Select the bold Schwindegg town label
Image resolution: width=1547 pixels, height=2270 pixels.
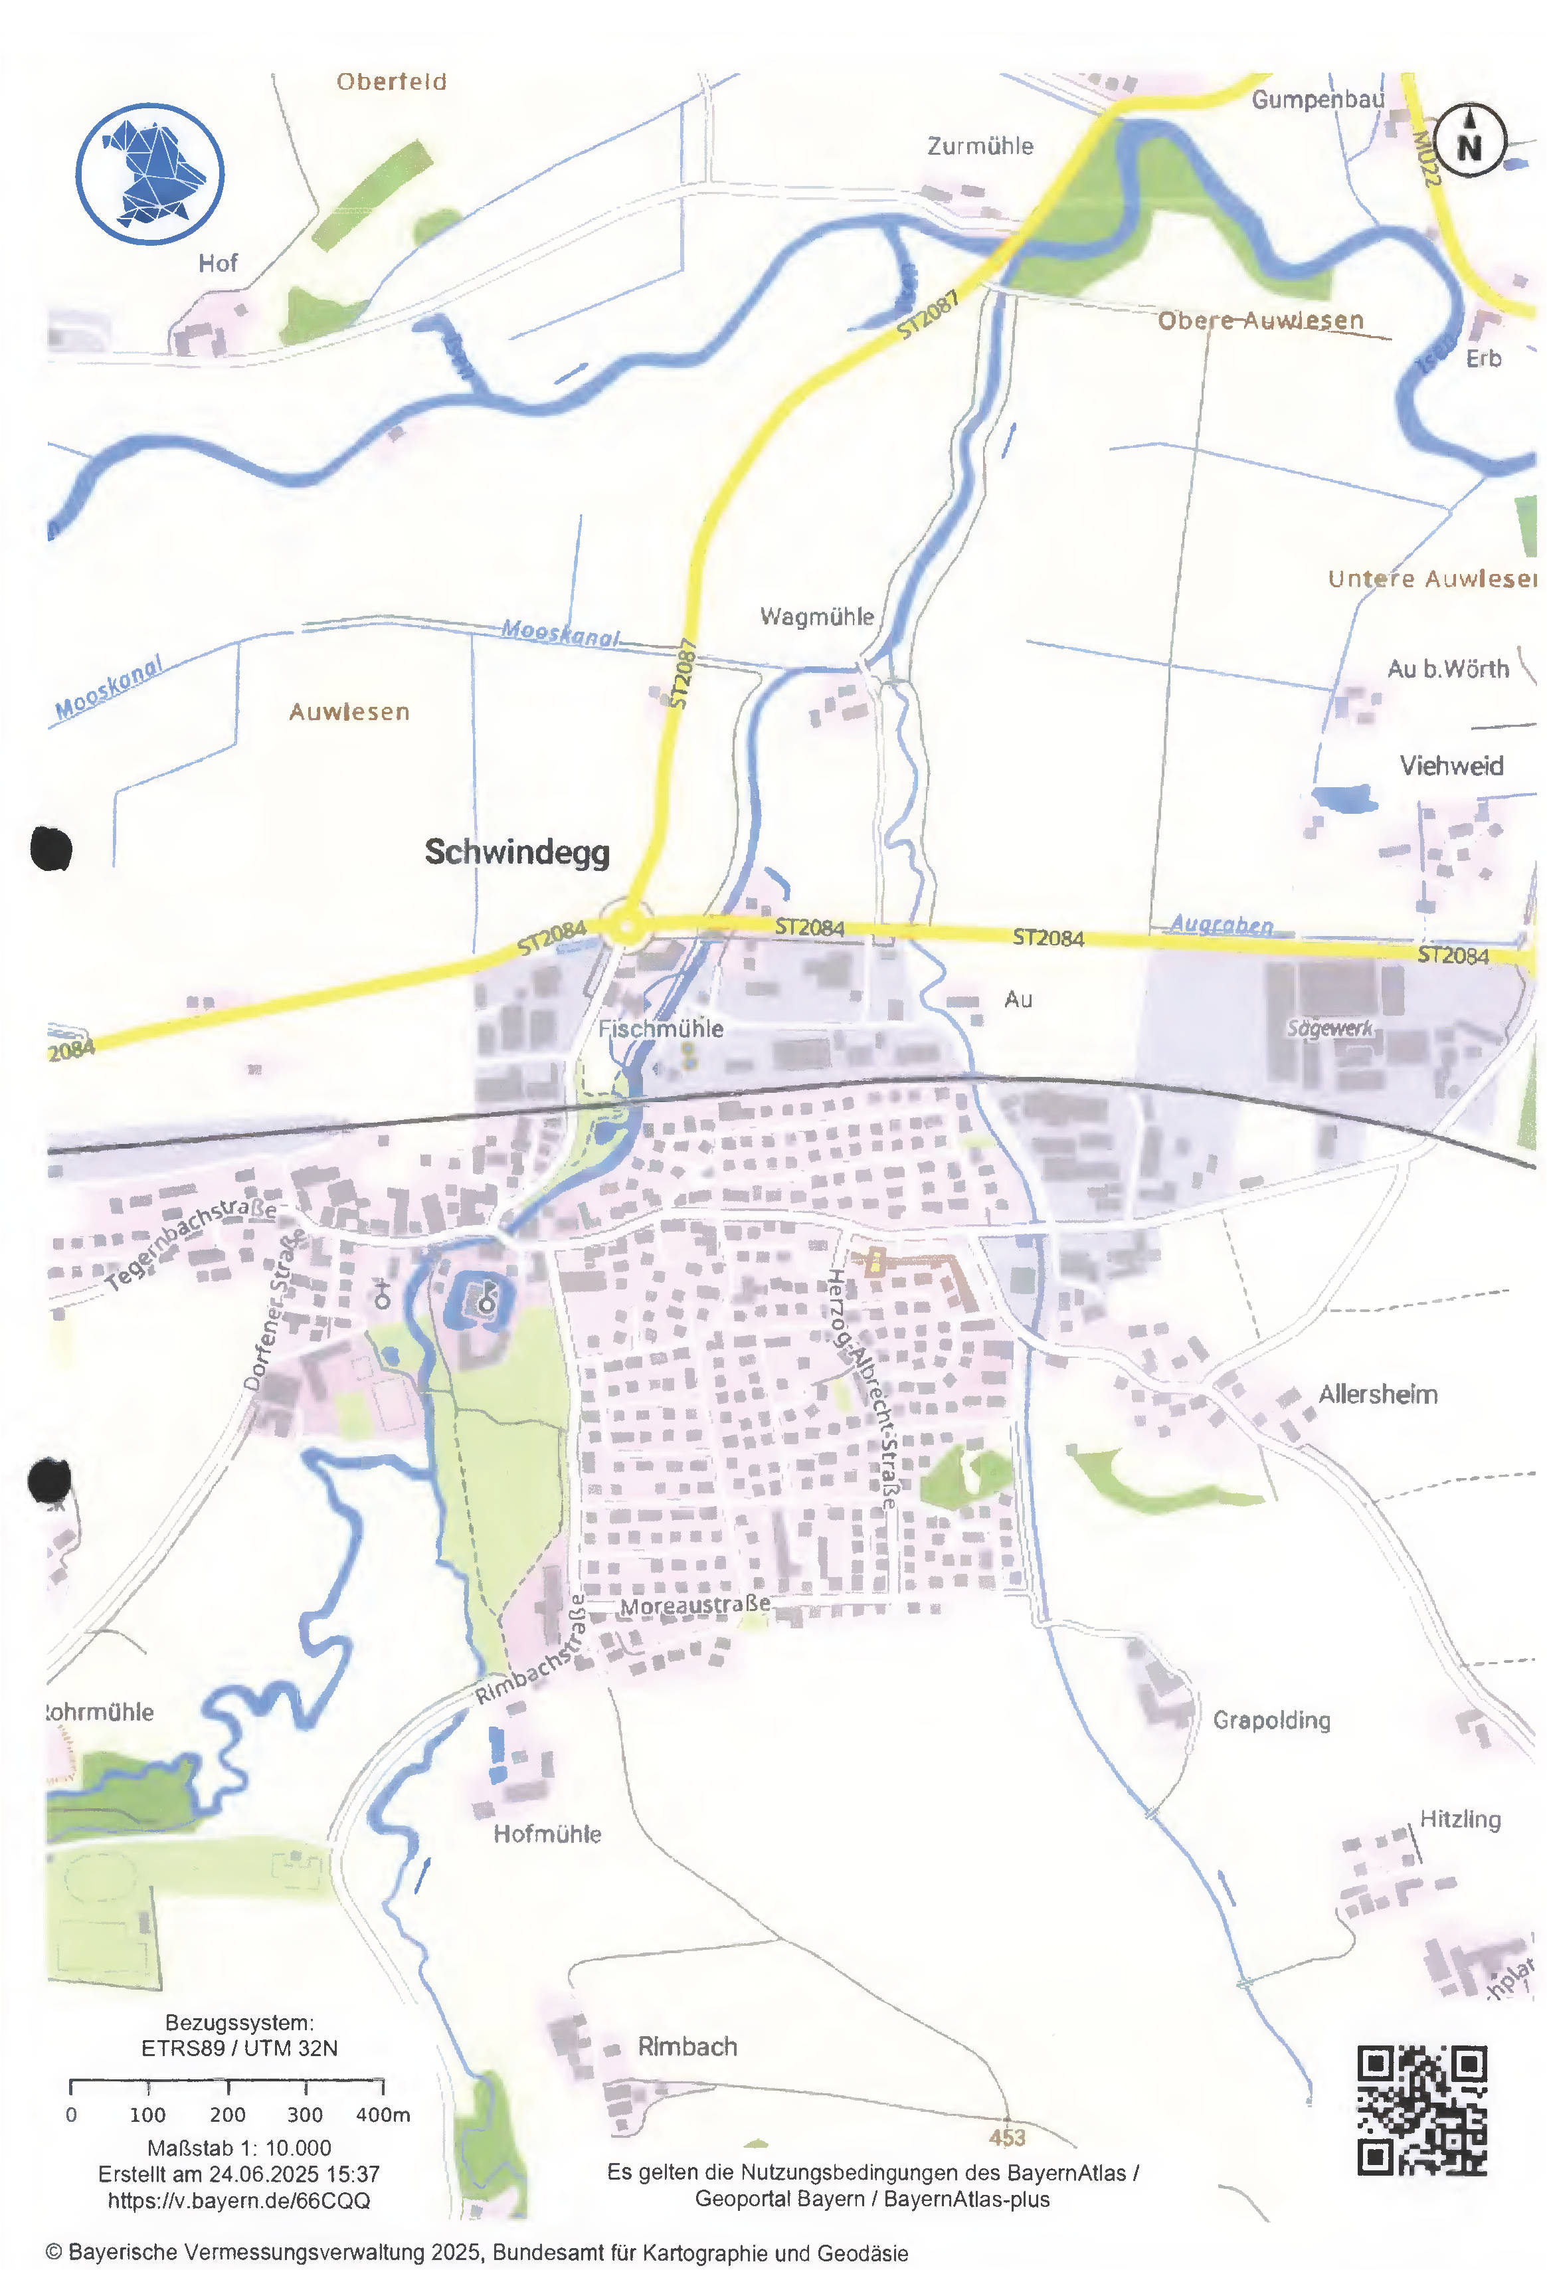pos(517,852)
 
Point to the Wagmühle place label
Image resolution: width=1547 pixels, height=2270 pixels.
pos(816,616)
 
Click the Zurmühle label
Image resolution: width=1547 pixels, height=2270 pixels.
pos(980,147)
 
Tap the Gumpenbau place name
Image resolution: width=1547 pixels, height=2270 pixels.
pos(1317,100)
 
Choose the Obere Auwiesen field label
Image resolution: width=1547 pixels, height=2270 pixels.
pos(1260,320)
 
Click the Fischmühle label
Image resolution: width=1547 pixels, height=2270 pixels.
pos(661,1028)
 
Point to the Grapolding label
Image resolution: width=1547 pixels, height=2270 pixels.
pos(1271,1720)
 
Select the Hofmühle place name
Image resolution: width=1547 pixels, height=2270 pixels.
pos(547,1834)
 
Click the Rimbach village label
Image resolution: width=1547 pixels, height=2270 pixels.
pos(687,2046)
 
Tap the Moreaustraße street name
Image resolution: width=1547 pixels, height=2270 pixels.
pos(695,1606)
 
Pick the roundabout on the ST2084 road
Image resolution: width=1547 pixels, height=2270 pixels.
pos(627,925)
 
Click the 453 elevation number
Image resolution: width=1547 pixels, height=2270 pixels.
pos(1007,2137)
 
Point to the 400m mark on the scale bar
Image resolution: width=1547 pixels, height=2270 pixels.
pos(383,2115)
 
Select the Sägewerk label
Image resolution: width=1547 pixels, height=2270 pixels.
pos(1329,1028)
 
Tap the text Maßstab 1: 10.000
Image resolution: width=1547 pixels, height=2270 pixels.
pos(239,2148)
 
